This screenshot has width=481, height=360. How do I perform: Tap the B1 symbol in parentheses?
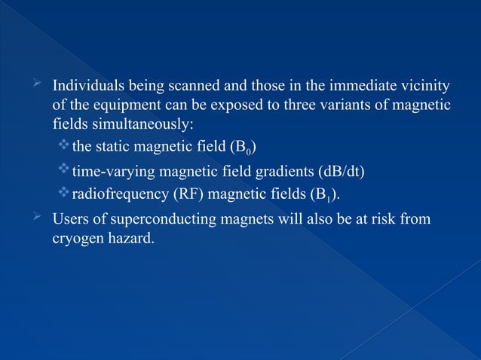(x=326, y=196)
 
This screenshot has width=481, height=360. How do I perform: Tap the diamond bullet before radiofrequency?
(x=63, y=194)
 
